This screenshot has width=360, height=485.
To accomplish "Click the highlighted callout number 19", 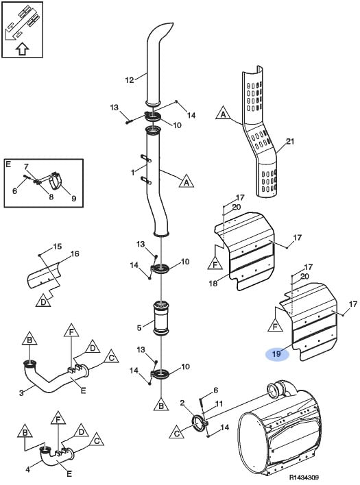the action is pyautogui.click(x=276, y=353).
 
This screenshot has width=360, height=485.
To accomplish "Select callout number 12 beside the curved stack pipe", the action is pyautogui.click(x=130, y=80).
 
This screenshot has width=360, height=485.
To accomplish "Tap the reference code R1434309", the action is pyautogui.click(x=304, y=477).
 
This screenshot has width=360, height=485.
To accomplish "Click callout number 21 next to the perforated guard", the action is pyautogui.click(x=290, y=142).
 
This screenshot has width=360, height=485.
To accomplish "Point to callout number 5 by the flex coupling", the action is pyautogui.click(x=139, y=327).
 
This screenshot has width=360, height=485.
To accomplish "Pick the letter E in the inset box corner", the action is pyautogui.click(x=8, y=164).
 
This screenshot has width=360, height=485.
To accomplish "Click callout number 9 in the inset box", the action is pyautogui.click(x=73, y=198).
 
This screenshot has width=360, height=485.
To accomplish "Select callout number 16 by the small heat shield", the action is pyautogui.click(x=75, y=254).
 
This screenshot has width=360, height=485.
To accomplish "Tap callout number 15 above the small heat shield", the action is pyautogui.click(x=58, y=247).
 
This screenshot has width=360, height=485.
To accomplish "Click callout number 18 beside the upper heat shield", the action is pyautogui.click(x=213, y=283).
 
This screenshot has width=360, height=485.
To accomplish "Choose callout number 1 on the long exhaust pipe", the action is pyautogui.click(x=133, y=173).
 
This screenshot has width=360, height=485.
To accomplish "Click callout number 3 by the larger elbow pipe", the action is pyautogui.click(x=21, y=393).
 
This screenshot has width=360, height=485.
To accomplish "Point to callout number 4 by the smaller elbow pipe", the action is pyautogui.click(x=28, y=469).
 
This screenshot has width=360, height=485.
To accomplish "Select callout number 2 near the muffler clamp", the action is pyautogui.click(x=182, y=403).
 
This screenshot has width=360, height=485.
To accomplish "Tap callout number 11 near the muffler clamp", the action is pyautogui.click(x=219, y=404).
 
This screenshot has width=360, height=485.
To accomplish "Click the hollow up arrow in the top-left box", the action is pyautogui.click(x=22, y=49).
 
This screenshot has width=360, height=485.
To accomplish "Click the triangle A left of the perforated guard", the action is pyautogui.click(x=223, y=114).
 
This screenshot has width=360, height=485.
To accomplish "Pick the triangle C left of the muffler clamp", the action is pyautogui.click(x=177, y=432).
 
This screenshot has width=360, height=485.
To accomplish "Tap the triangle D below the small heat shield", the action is pyautogui.click(x=43, y=301).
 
